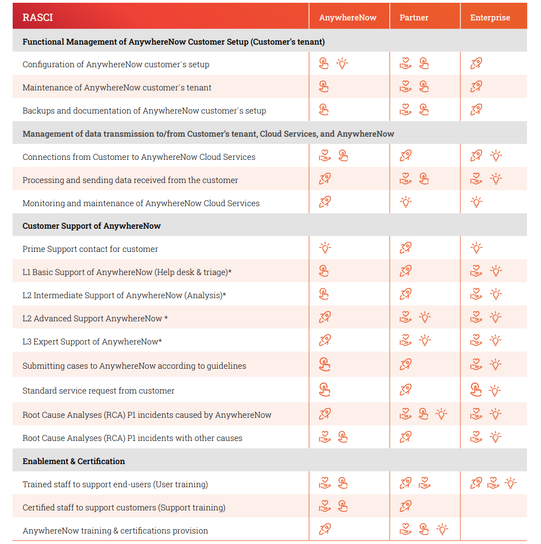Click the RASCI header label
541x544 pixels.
tap(38, 17)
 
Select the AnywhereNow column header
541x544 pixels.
tap(347, 17)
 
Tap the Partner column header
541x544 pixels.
tap(414, 17)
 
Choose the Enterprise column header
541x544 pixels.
tap(490, 17)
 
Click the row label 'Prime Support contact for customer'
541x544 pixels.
tap(90, 249)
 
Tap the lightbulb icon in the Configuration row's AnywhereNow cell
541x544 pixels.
tap(342, 63)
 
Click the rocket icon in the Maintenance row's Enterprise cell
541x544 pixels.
tap(476, 87)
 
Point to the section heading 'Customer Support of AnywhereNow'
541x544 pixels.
tap(92, 226)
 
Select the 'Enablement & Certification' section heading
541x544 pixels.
tap(74, 461)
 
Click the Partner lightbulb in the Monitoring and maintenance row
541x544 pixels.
tap(406, 202)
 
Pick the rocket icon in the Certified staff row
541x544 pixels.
tap(406, 506)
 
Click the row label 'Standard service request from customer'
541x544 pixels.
tap(98, 391)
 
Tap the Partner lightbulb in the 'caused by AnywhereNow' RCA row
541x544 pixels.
tap(441, 414)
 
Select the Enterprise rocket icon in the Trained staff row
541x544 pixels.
tap(476, 483)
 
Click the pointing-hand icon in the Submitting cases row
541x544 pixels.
tap(324, 364)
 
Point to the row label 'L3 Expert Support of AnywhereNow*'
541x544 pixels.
tap(92, 342)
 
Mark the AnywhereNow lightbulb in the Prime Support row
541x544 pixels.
tap(325, 248)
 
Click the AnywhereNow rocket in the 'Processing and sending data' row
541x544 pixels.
tap(325, 179)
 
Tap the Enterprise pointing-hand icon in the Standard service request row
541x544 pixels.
tap(476, 390)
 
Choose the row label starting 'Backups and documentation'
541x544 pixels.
tap(144, 111)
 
